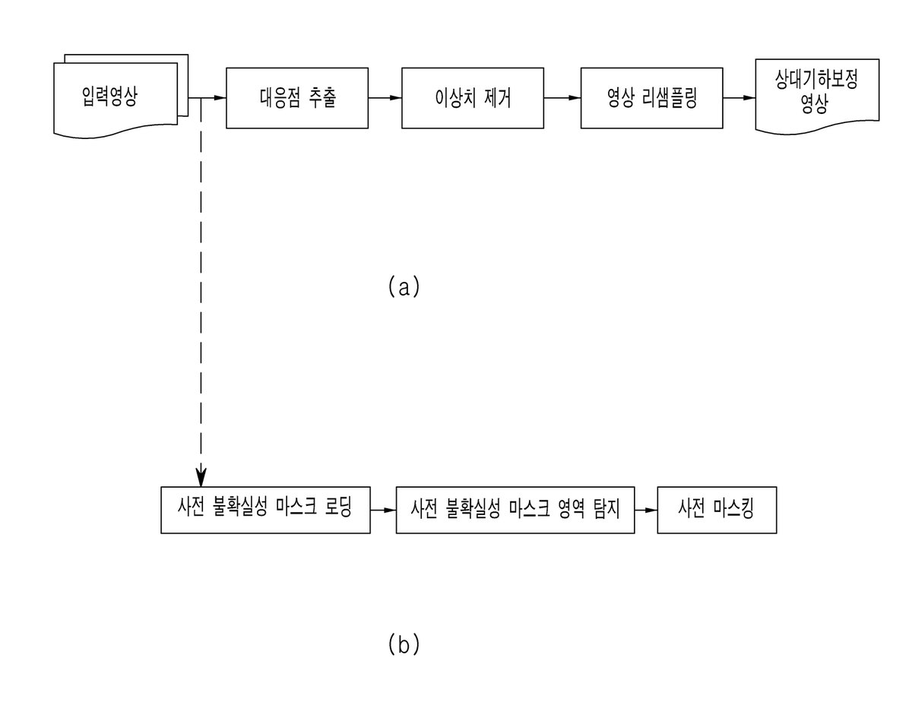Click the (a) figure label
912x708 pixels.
[404, 286]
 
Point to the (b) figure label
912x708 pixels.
[404, 644]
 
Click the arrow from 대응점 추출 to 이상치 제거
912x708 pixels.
[385, 98]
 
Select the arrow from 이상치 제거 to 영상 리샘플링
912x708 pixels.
[562, 98]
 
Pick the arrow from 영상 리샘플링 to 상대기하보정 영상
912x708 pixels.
[739, 98]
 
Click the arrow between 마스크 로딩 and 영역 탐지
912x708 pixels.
[383, 510]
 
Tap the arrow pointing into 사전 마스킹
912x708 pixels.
[646, 510]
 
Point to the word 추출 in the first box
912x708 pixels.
[322, 98]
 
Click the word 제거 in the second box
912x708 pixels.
[498, 99]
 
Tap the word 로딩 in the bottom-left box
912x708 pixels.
[338, 507]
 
